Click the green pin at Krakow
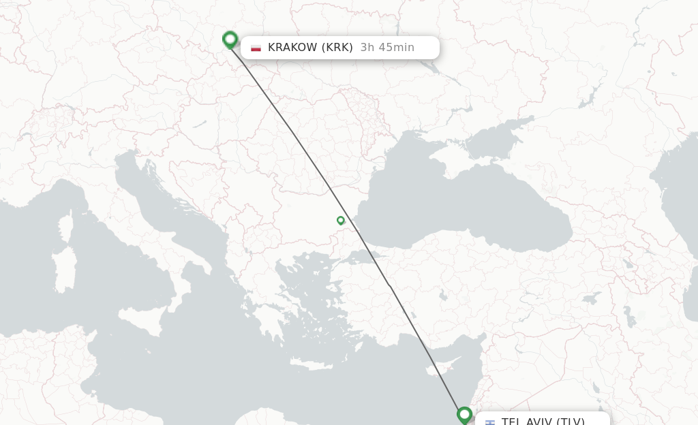(x=230, y=40)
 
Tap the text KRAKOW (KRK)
(x=310, y=48)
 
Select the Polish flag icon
(x=256, y=48)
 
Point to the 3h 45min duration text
(x=387, y=48)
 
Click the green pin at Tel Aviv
(x=464, y=414)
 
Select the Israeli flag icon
(x=490, y=422)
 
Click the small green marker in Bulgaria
(x=340, y=220)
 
